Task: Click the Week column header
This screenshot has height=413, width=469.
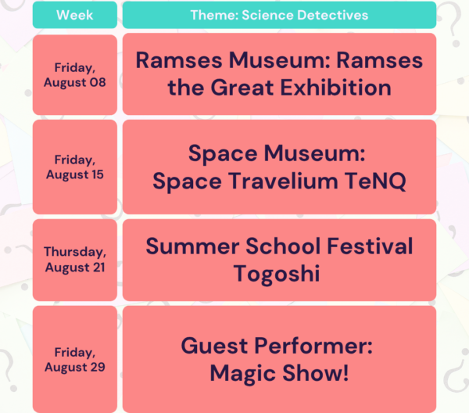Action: pos(75,15)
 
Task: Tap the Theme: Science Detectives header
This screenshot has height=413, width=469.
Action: pos(279,15)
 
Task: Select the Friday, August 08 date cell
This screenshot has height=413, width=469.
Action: pos(75,75)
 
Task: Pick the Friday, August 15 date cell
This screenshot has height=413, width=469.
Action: pos(75,167)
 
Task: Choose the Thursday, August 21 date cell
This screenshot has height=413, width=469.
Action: pos(75,260)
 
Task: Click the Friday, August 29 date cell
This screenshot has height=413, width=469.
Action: pos(75,360)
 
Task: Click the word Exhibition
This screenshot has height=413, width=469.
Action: pos(336,88)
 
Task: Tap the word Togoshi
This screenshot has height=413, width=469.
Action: pos(277,274)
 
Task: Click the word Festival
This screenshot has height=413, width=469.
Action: pos(370,246)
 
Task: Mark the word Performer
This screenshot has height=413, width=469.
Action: pos(313,346)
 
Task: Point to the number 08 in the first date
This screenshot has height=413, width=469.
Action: pos(98,82)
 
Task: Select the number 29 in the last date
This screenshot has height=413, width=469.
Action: pos(98,367)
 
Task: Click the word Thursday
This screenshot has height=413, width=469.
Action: pos(75,252)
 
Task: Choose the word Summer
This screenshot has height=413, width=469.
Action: pos(192,246)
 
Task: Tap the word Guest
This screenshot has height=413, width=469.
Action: pos(214,346)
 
